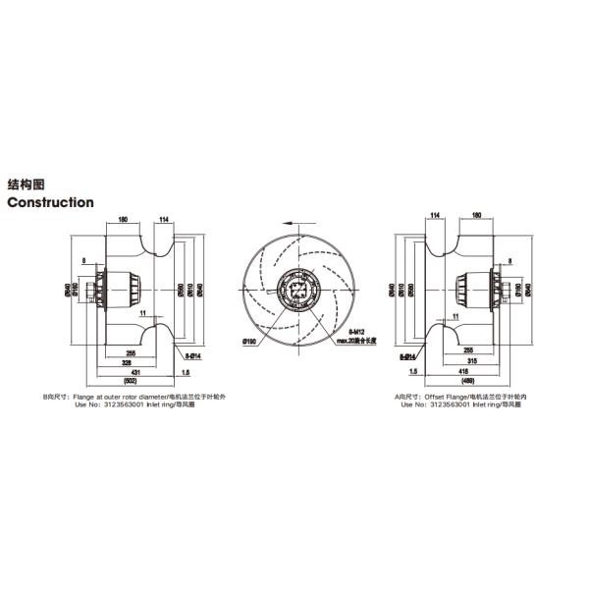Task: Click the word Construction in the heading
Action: [x=51, y=202]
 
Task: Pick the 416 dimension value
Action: [x=462, y=373]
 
